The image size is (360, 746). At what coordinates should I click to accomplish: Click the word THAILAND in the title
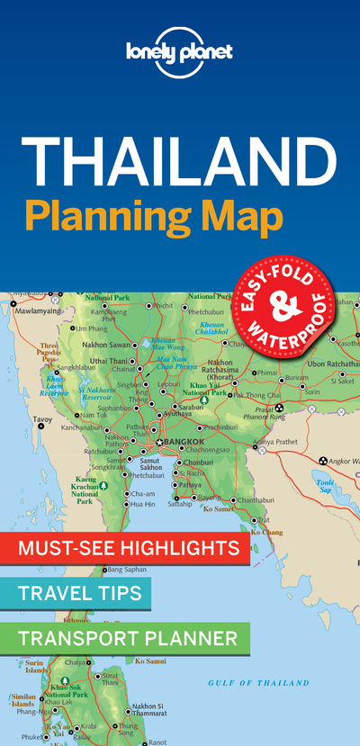point(180,161)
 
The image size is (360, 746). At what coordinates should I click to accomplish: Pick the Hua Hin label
point(143,505)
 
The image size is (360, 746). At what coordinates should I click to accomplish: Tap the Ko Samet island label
point(220,509)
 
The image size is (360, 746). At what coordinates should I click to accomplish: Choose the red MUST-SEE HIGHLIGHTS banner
point(124,547)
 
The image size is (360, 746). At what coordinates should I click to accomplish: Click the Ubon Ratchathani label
point(333,364)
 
